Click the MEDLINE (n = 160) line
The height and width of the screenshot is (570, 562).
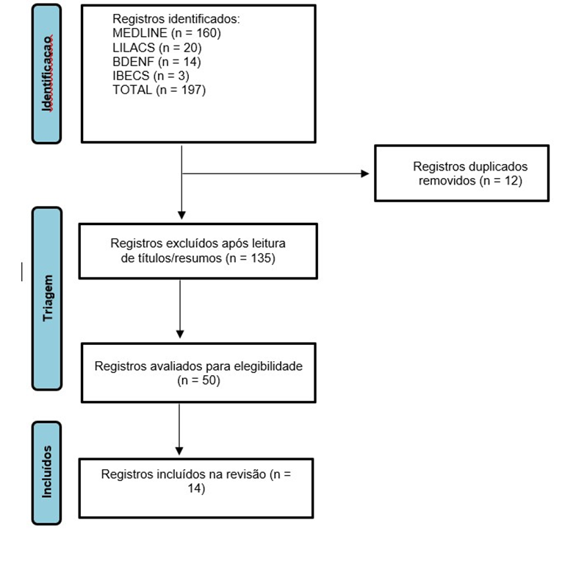(x=167, y=33)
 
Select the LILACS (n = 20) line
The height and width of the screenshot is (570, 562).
(x=156, y=48)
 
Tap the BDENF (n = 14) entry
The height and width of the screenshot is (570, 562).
(x=156, y=62)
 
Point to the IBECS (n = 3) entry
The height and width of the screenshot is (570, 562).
(x=151, y=76)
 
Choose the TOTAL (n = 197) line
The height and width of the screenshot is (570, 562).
(x=159, y=90)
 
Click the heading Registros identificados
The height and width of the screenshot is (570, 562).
(x=176, y=19)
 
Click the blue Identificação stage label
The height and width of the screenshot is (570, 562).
(x=46, y=74)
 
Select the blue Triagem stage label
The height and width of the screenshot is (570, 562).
(x=47, y=299)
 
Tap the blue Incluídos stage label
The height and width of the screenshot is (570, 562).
(x=46, y=473)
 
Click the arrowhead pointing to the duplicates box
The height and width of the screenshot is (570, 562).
(x=365, y=174)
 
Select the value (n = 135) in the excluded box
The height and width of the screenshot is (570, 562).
(x=251, y=258)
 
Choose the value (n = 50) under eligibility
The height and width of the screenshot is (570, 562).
(x=198, y=380)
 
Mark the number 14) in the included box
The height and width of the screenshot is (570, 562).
(x=196, y=488)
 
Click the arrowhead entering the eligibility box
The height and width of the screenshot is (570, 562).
(x=180, y=334)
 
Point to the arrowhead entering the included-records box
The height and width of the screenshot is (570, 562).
(x=179, y=451)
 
